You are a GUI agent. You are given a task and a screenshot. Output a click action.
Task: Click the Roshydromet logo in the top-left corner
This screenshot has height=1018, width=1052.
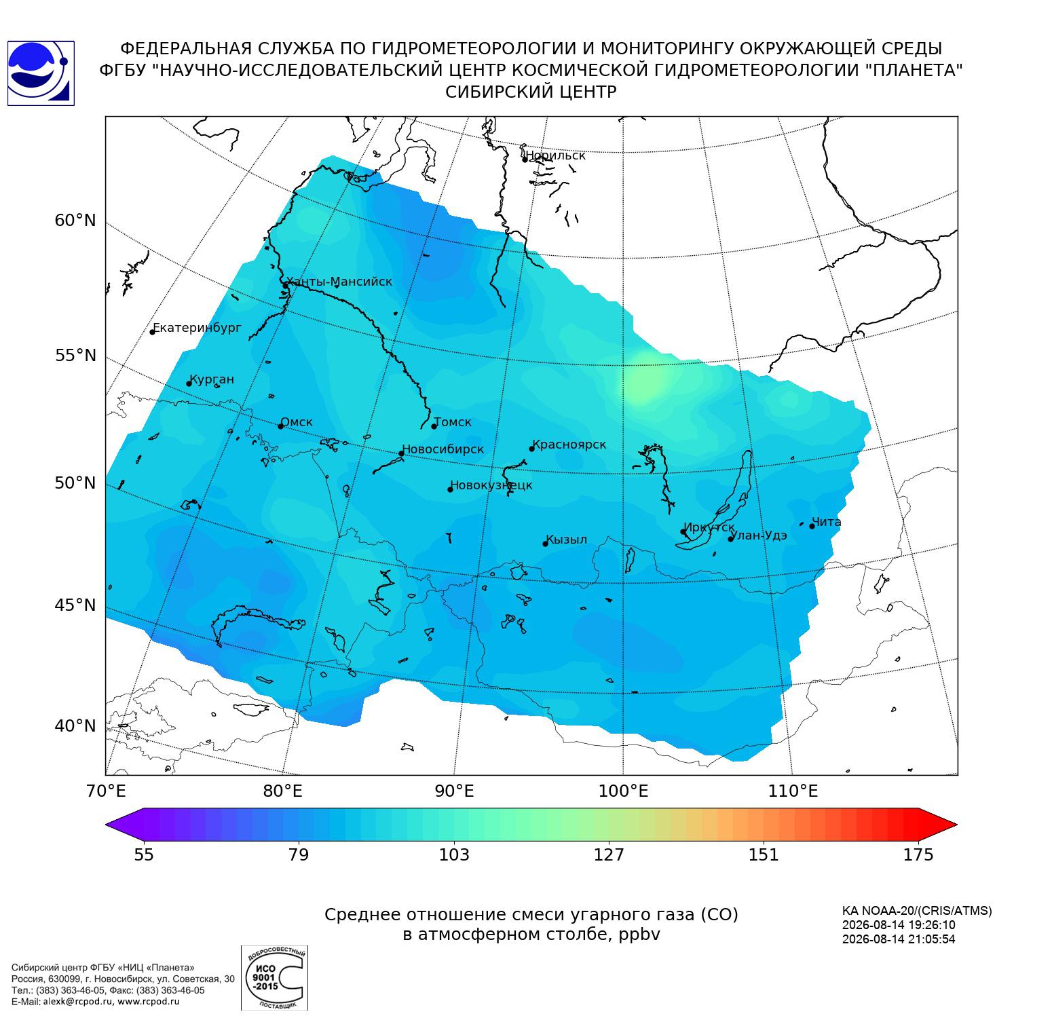pos(41,73)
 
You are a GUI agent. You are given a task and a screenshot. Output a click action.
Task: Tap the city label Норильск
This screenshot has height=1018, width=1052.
pos(556,155)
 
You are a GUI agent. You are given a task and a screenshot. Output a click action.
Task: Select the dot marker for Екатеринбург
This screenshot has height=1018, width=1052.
pos(153,332)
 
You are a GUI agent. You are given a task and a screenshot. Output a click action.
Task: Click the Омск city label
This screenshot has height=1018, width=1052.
pos(297,422)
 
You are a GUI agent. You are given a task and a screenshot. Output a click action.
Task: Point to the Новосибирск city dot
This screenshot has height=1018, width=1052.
pos(401,453)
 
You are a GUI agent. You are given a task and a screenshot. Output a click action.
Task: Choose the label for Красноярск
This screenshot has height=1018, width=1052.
pos(569,445)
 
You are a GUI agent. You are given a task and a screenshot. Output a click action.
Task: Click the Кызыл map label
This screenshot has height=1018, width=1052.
pos(567,540)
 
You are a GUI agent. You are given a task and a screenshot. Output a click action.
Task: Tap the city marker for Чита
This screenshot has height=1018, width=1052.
pos(812,526)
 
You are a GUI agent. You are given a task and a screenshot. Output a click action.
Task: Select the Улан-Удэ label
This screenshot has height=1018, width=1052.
pos(759,535)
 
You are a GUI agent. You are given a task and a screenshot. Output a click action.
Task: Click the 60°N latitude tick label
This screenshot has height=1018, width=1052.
pos(75,221)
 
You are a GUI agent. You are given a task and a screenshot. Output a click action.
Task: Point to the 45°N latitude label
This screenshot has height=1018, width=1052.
pos(75,605)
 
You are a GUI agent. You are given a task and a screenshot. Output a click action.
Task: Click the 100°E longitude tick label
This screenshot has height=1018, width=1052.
pos(623,791)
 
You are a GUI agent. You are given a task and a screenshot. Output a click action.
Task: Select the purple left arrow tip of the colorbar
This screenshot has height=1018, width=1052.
pos(107,825)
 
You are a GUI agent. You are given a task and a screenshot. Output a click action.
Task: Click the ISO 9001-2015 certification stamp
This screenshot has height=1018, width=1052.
pos(274,978)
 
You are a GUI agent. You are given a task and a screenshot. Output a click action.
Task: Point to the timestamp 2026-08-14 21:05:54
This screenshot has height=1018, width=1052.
pos(899,939)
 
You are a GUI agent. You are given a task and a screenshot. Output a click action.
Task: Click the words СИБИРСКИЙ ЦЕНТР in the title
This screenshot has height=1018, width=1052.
pos(531,92)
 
